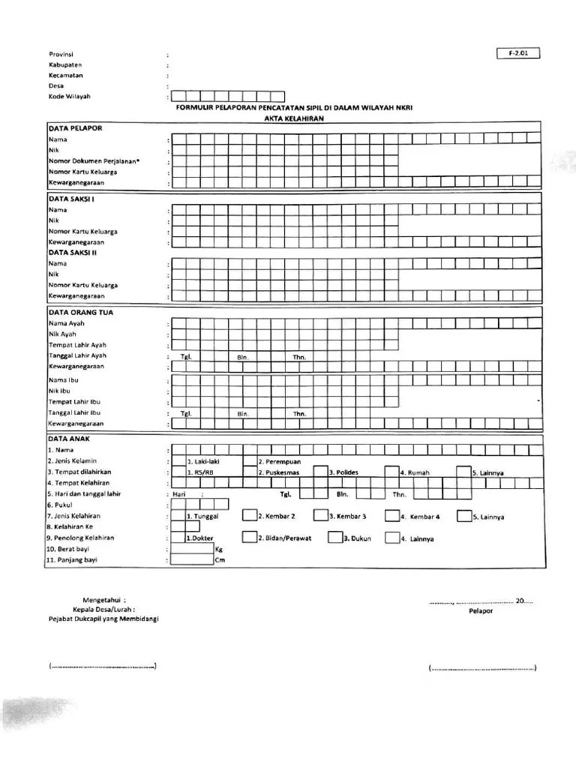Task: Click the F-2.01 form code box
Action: click(517, 53)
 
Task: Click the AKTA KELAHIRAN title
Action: click(287, 118)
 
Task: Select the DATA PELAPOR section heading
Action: click(76, 128)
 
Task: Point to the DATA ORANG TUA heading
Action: click(81, 312)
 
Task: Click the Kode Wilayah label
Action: click(70, 97)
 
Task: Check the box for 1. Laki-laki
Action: click(178, 461)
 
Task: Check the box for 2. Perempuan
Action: click(250, 461)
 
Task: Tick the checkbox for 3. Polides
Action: click(321, 472)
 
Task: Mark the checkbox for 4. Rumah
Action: click(391, 472)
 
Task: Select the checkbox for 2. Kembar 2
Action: click(250, 516)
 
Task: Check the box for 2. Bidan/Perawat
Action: click(250, 538)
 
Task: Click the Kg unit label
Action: click(219, 549)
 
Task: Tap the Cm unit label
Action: click(219, 560)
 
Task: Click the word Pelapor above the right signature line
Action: click(481, 611)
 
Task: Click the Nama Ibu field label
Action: click(63, 380)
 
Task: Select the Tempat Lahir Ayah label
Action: click(77, 345)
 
